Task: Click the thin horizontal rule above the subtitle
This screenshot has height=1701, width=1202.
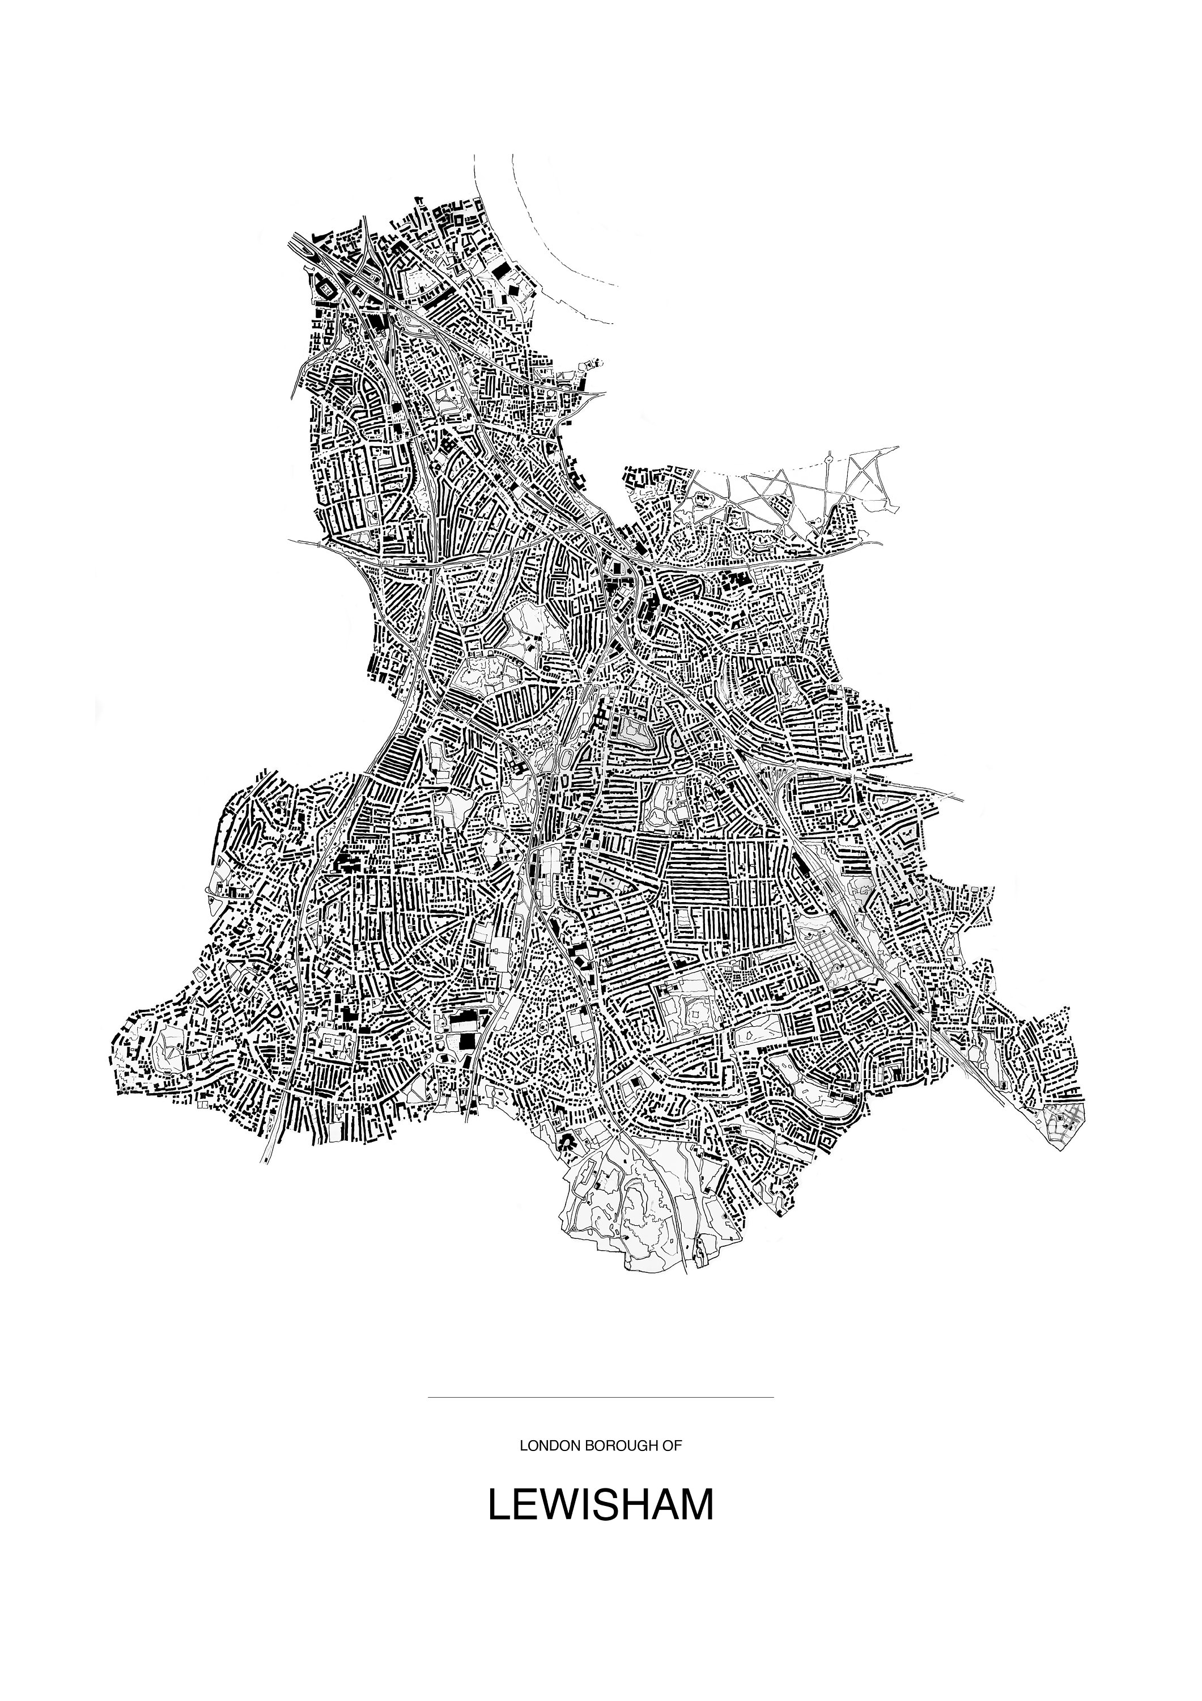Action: [601, 1397]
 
